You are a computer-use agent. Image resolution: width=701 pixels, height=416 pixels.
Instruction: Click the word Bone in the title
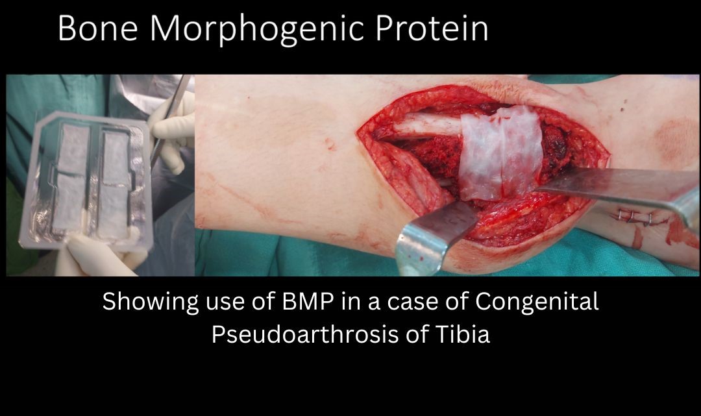97,29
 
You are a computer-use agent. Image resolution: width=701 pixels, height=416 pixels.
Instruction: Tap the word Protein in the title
432,29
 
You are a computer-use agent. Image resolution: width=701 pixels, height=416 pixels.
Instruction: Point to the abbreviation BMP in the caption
308,302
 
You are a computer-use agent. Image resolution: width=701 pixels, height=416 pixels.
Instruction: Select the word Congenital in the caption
537,302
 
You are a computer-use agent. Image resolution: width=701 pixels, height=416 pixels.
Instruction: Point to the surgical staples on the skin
635,217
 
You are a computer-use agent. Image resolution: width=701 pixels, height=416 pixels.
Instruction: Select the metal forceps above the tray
170,117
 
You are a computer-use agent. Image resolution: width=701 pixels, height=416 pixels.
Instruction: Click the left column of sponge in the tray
71,178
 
